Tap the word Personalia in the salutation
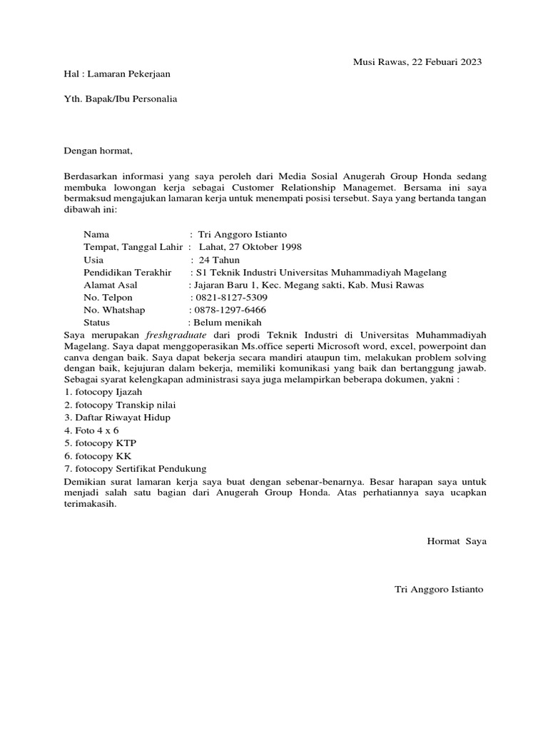tap(151, 99)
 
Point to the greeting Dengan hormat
tap(98, 151)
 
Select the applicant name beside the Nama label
tap(243, 234)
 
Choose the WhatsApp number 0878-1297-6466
tap(229, 310)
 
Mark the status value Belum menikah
tap(226, 323)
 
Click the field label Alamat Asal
tap(111, 284)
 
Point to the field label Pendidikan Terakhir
tap(128, 272)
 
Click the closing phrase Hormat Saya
tap(456, 541)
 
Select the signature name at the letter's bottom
tap(439, 590)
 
